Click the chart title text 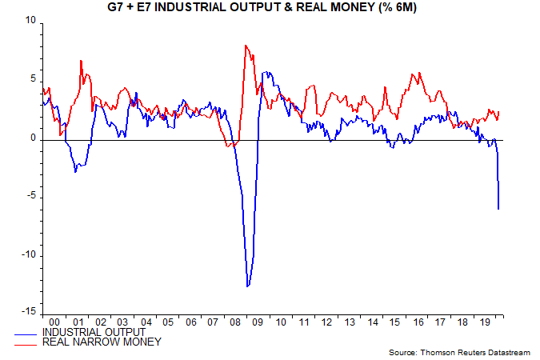coord(270,7)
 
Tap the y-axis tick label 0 coord(34,138)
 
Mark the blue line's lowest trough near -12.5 coord(248,286)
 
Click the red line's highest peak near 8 coord(245,46)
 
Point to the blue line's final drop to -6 coord(499,209)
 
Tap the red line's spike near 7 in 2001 coord(81,61)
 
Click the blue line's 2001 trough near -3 coord(75,171)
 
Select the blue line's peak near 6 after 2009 coord(265,72)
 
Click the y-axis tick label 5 coord(34,79)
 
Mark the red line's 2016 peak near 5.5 coord(413,74)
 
